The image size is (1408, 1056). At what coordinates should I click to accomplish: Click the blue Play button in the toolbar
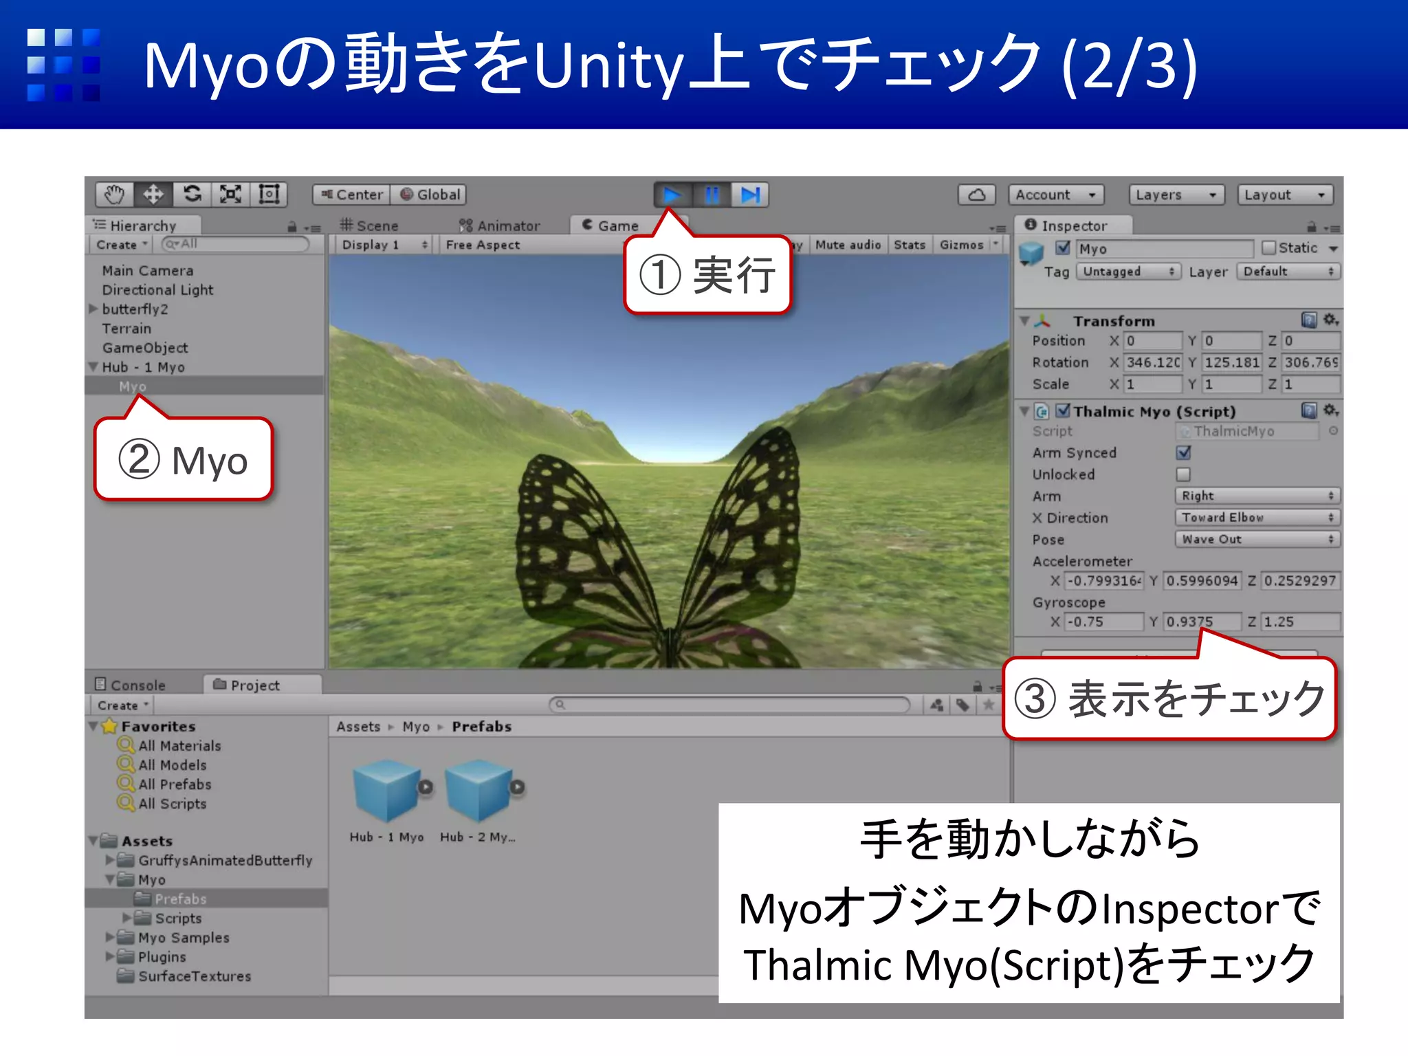coord(672,195)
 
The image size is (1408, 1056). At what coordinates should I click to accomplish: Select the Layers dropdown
coord(1176,195)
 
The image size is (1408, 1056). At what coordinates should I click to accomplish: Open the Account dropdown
coord(1056,195)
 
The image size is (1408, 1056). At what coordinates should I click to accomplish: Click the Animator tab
coord(500,225)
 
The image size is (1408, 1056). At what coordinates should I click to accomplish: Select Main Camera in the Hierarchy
coord(147,271)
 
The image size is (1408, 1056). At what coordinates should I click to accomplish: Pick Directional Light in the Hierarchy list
coord(157,290)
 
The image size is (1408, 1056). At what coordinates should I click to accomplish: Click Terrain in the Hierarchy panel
coord(126,329)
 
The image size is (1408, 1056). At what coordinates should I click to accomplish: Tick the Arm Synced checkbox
coord(1183,453)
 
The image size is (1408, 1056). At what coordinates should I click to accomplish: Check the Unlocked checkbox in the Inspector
coord(1183,474)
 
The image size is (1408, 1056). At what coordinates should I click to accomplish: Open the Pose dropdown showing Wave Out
coord(1257,540)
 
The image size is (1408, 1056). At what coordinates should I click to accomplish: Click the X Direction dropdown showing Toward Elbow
coord(1257,518)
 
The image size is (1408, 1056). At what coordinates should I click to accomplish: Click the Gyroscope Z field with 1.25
coord(1300,622)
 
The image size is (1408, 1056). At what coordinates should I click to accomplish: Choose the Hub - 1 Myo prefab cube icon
coord(386,791)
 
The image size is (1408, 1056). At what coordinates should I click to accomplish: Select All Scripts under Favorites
coord(172,804)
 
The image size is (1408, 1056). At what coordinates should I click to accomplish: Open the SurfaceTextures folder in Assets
coord(194,976)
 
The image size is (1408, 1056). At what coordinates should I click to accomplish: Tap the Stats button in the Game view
coord(909,245)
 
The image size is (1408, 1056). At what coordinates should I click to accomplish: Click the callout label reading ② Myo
coord(184,460)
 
